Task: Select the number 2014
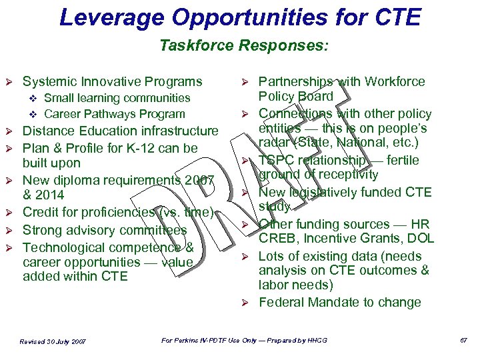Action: tap(51, 195)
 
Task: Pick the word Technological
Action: tap(65, 247)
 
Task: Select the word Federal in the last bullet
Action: tap(282, 302)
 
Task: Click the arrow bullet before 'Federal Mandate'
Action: tap(245, 303)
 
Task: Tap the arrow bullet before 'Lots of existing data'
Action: tap(245, 257)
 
